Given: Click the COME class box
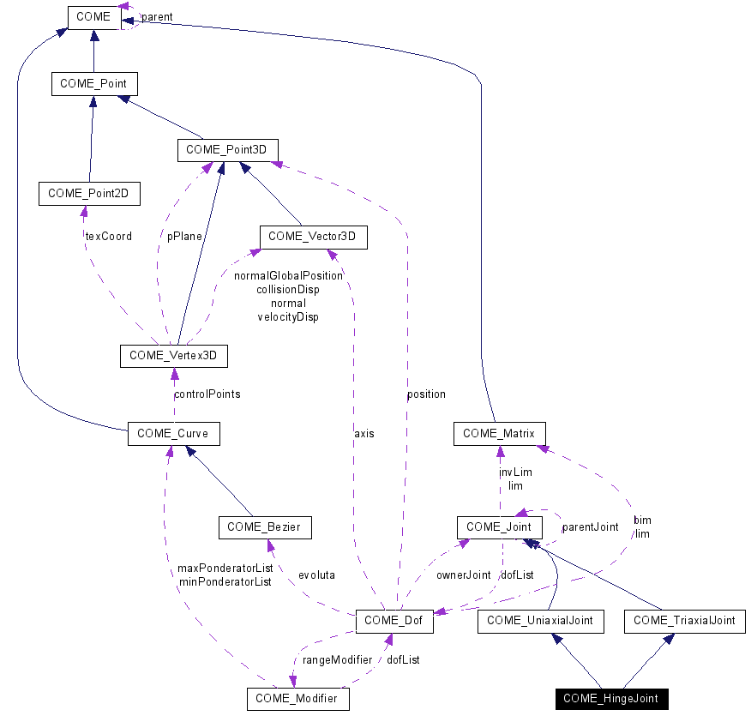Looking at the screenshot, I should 93,15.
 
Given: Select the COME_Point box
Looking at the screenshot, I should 93,83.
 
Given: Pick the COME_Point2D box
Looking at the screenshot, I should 89,193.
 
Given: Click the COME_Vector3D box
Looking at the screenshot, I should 313,236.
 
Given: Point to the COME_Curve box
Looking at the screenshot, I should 173,434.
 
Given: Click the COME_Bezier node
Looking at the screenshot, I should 264,527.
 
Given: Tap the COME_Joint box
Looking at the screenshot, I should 499,527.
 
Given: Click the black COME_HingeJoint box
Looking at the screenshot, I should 611,699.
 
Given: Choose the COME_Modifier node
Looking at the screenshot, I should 297,700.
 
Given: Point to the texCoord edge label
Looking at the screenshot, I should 108,236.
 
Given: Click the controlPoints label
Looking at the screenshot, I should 207,394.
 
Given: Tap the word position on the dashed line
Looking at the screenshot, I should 426,394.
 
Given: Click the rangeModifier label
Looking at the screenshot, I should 337,660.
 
